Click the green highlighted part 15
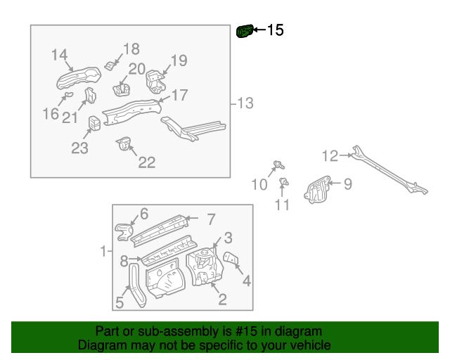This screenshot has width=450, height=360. tap(244, 32)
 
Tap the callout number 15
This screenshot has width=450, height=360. tap(274, 30)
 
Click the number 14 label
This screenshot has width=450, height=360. tap(60, 55)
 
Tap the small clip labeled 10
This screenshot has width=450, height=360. tap(278, 166)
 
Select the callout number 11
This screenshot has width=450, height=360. tap(282, 205)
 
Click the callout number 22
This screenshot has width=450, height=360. tap(146, 162)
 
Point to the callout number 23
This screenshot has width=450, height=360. tap(79, 148)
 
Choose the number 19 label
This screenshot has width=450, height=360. tap(179, 61)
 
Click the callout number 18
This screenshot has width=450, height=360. tap(131, 49)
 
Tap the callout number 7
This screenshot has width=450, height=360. tap(210, 219)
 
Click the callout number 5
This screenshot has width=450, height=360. tap(119, 303)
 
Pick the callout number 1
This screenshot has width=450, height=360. tap(103, 251)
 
